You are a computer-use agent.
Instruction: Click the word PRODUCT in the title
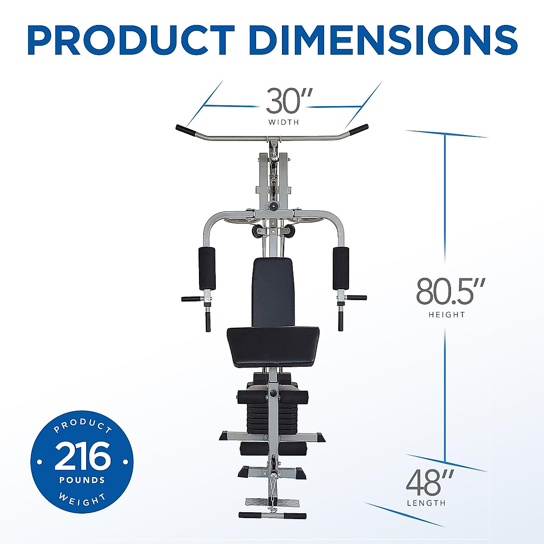pyautogui.click(x=131, y=40)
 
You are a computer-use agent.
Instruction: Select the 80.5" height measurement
pyautogui.click(x=450, y=291)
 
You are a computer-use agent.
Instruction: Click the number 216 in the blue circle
pyautogui.click(x=82, y=457)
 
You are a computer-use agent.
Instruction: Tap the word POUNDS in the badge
pyautogui.click(x=82, y=480)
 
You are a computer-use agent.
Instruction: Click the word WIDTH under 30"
pyautogui.click(x=283, y=122)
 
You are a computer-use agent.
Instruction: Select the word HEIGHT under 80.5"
pyautogui.click(x=447, y=315)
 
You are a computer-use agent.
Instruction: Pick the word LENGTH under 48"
pyautogui.click(x=426, y=503)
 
